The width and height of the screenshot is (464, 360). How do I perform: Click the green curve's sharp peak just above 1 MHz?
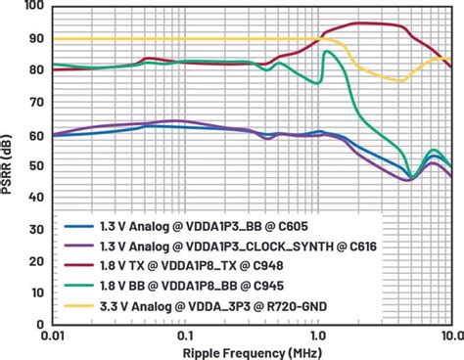coord(325,52)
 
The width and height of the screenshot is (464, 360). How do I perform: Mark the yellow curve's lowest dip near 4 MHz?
coord(399,81)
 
